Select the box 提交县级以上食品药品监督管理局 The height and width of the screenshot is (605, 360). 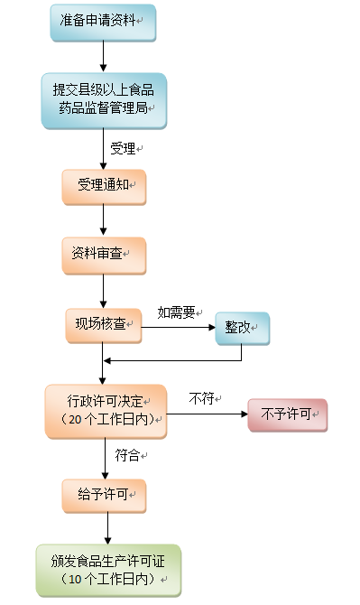(x=104, y=99)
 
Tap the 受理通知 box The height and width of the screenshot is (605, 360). (x=104, y=185)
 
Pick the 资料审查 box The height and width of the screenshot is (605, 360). (x=104, y=255)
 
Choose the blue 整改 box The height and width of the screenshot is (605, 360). (x=242, y=328)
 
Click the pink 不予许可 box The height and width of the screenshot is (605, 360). (x=287, y=414)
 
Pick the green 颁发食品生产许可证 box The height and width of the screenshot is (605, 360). (x=108, y=569)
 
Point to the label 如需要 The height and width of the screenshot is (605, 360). (x=176, y=312)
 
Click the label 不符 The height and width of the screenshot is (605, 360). (x=201, y=397)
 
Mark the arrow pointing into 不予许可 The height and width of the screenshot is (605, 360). (x=208, y=414)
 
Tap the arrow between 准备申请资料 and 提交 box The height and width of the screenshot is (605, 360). (x=104, y=56)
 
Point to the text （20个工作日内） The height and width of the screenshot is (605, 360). (x=106, y=421)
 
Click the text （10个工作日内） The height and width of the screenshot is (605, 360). (x=108, y=579)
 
